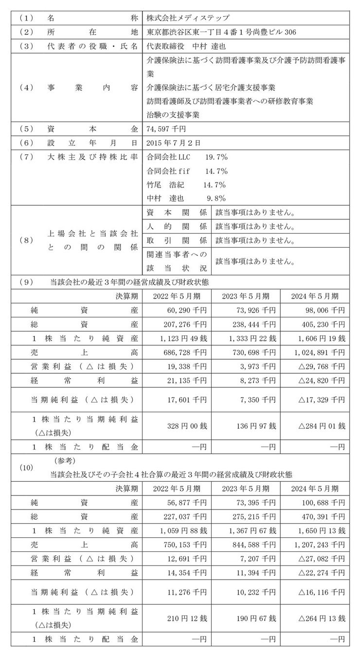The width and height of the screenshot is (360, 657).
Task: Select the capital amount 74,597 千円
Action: click(165, 129)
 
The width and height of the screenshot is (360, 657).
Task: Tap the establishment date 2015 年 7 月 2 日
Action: click(173, 144)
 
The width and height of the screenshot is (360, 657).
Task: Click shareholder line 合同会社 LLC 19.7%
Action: click(187, 158)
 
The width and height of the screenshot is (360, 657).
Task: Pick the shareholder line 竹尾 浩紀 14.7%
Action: click(185, 185)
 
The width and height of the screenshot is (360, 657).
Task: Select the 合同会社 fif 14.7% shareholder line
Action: click(187, 171)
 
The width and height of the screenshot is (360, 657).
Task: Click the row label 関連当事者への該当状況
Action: click(176, 261)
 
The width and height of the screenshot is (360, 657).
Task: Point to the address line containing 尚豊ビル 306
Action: click(220, 32)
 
